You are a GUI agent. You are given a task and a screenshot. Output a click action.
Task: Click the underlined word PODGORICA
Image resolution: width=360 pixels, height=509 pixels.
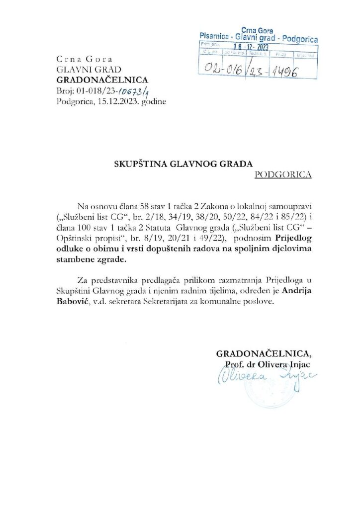[x=282, y=174]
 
